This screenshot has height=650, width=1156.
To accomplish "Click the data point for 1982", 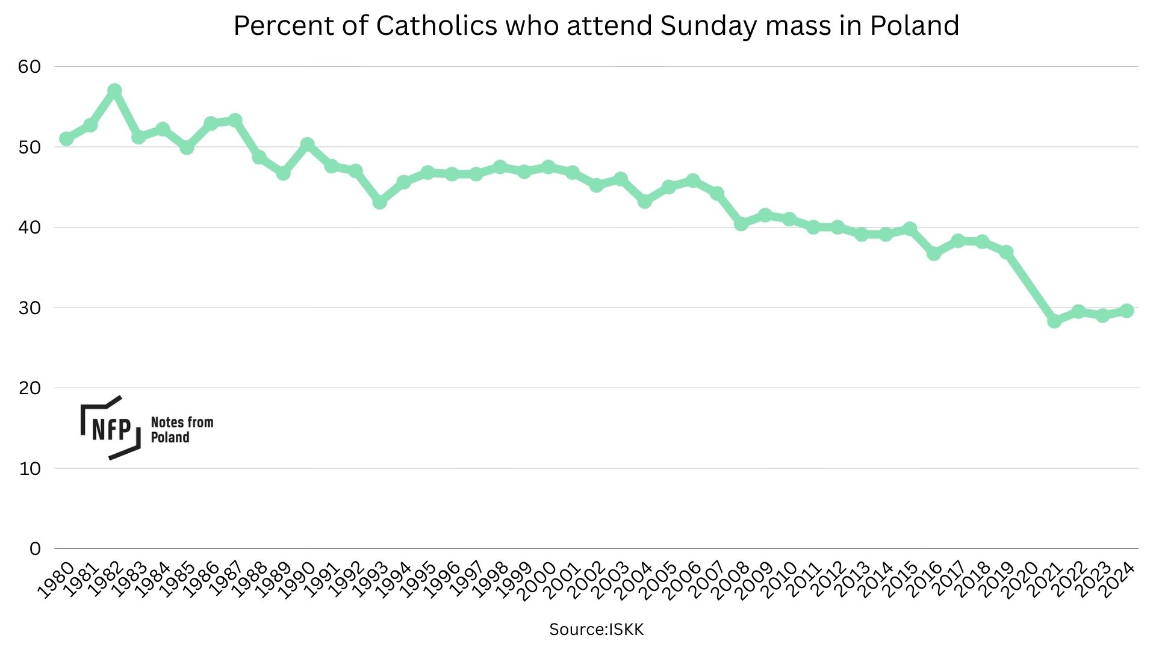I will pos(114,91).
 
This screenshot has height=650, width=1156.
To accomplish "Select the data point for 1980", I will pos(66,139).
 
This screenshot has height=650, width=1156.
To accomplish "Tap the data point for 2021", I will pos(1054,321).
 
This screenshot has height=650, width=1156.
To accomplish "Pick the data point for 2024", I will pos(1126,311).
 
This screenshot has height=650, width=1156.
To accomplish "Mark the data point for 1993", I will pos(379,202).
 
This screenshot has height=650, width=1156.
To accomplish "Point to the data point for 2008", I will pos(741,224).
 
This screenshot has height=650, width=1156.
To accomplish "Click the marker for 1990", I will pos(307,144).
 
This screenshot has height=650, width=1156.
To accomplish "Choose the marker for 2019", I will pos(1006,252).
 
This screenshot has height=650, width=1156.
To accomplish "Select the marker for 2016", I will pos(934,254).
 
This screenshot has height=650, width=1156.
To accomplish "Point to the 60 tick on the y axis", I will pos(30,67).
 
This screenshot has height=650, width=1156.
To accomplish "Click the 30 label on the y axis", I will pos(30,308).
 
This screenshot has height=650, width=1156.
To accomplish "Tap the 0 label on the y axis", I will pos(35,549).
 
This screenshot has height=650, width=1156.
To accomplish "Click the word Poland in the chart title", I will pos(914,26).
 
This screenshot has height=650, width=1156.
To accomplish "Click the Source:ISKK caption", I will pos(596,630).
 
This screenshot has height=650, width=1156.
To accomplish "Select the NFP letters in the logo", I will pos(111,429).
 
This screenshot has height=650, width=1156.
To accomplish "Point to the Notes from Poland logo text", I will pos(182,430).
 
